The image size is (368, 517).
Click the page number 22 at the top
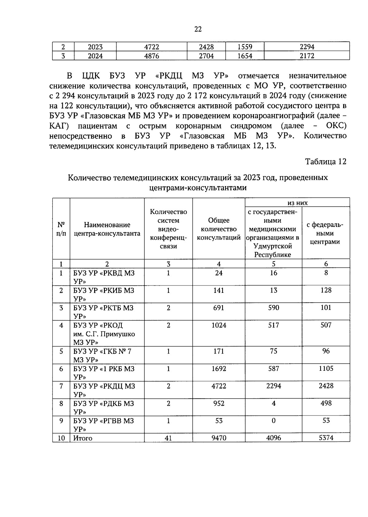(198, 29)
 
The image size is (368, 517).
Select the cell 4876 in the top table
(151, 56)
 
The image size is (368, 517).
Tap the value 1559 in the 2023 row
(245, 47)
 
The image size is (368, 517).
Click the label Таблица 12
(325, 162)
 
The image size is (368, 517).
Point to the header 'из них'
(297, 203)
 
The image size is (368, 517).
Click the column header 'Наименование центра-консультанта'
(107, 229)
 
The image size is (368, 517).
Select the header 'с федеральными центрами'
(325, 233)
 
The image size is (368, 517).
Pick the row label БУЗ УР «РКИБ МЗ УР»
(104, 294)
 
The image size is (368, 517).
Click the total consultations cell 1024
(219, 325)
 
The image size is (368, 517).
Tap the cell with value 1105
(326, 369)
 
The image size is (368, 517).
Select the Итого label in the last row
(83, 438)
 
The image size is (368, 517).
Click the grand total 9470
(219, 438)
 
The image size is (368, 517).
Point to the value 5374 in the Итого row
(326, 438)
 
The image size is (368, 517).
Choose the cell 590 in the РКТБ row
(273, 308)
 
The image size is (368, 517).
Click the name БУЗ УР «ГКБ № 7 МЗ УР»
(102, 355)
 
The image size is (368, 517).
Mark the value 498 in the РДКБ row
(326, 403)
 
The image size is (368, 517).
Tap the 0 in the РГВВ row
(273, 421)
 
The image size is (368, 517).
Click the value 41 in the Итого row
(168, 438)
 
